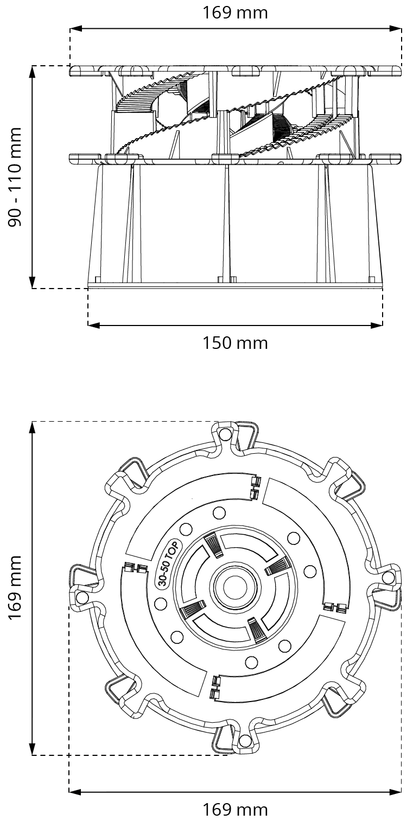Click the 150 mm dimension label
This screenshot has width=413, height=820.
[235, 343]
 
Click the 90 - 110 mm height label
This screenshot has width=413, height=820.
[16, 177]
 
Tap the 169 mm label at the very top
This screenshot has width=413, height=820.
[235, 12]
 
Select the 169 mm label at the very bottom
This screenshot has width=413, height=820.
[235, 809]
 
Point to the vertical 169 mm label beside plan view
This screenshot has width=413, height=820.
[16, 587]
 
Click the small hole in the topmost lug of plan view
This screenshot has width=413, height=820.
[225, 434]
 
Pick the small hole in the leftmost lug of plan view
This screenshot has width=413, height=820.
[82, 598]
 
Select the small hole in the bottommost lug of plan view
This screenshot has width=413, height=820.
[245, 741]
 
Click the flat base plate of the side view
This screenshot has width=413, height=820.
[235, 285]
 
